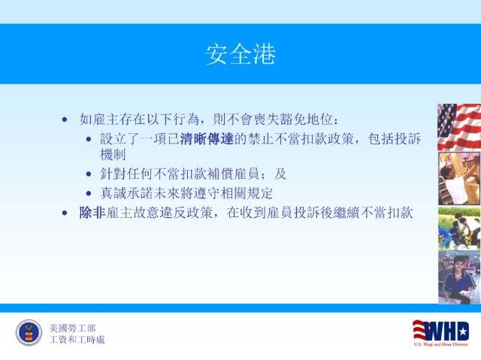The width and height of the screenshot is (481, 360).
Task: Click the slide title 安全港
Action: (240, 54)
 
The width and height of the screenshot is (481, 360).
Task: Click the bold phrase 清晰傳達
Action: (207, 139)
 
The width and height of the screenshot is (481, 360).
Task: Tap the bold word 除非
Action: (92, 213)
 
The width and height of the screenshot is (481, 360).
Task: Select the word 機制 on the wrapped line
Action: (113, 154)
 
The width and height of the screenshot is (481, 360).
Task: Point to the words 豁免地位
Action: (306, 119)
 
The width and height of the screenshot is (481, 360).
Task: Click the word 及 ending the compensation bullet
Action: (280, 174)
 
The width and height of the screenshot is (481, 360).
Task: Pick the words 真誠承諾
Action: (126, 193)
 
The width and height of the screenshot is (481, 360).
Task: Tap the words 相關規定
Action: (247, 193)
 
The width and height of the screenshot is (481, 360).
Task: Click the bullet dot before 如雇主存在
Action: (65, 119)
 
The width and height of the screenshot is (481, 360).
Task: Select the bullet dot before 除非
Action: (65, 213)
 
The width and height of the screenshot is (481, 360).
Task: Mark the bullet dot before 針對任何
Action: (89, 174)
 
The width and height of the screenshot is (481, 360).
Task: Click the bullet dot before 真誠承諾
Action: (89, 194)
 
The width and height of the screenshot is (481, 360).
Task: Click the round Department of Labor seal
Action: (29, 332)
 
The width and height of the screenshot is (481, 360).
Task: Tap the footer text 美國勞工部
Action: (72, 328)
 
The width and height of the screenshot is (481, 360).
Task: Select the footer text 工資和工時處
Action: (77, 340)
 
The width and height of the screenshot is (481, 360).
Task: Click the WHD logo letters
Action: (441, 331)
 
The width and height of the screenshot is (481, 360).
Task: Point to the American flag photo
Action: (459, 127)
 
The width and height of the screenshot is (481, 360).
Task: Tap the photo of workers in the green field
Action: (459, 228)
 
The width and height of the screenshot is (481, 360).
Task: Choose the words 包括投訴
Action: (394, 139)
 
